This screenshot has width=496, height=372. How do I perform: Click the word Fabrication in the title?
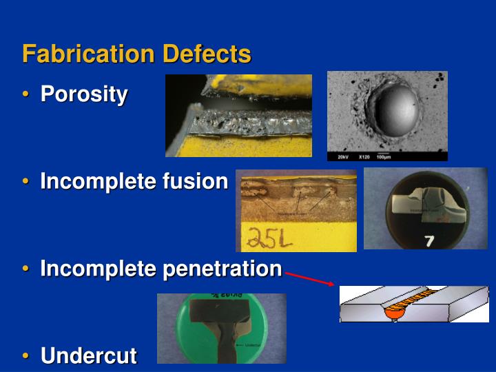[89, 54]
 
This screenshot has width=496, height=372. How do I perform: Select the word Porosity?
[84, 94]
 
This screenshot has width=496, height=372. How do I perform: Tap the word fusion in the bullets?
[195, 182]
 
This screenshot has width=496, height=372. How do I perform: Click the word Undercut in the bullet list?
[89, 355]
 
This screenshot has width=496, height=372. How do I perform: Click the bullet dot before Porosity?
[26, 94]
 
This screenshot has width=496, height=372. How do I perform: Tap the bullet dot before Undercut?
[26, 356]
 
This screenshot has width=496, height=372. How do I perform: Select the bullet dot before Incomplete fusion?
[26, 183]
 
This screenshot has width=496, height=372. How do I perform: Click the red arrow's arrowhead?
[331, 283]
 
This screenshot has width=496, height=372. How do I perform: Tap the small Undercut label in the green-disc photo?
[254, 344]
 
